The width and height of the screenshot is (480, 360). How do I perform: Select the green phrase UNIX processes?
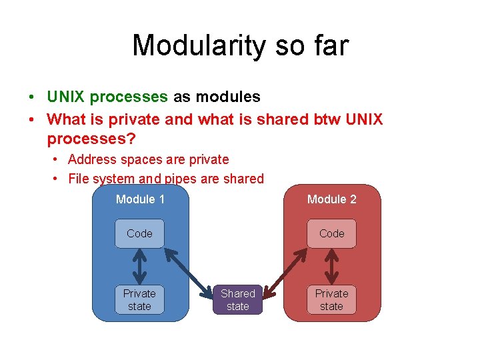pyautogui.click(x=107, y=97)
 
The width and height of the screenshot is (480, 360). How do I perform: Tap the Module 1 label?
pyautogui.click(x=140, y=199)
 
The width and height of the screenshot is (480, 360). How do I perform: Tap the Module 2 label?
pyautogui.click(x=331, y=199)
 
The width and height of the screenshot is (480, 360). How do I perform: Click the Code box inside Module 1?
pyautogui.click(x=139, y=233)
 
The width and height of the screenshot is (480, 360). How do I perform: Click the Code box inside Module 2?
pyautogui.click(x=331, y=233)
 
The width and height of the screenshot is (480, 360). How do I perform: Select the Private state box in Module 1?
pyautogui.click(x=139, y=300)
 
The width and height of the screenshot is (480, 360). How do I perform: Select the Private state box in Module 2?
pyautogui.click(x=331, y=300)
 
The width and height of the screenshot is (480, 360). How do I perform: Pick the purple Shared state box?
pyautogui.click(x=238, y=300)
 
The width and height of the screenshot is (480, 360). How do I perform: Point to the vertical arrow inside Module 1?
pyautogui.click(x=139, y=267)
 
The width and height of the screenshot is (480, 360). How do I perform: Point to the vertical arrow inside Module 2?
pyautogui.click(x=331, y=267)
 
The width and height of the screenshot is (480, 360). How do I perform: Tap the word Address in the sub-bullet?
pyautogui.click(x=91, y=159)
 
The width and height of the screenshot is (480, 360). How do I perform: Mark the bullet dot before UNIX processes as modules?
pyautogui.click(x=31, y=97)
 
